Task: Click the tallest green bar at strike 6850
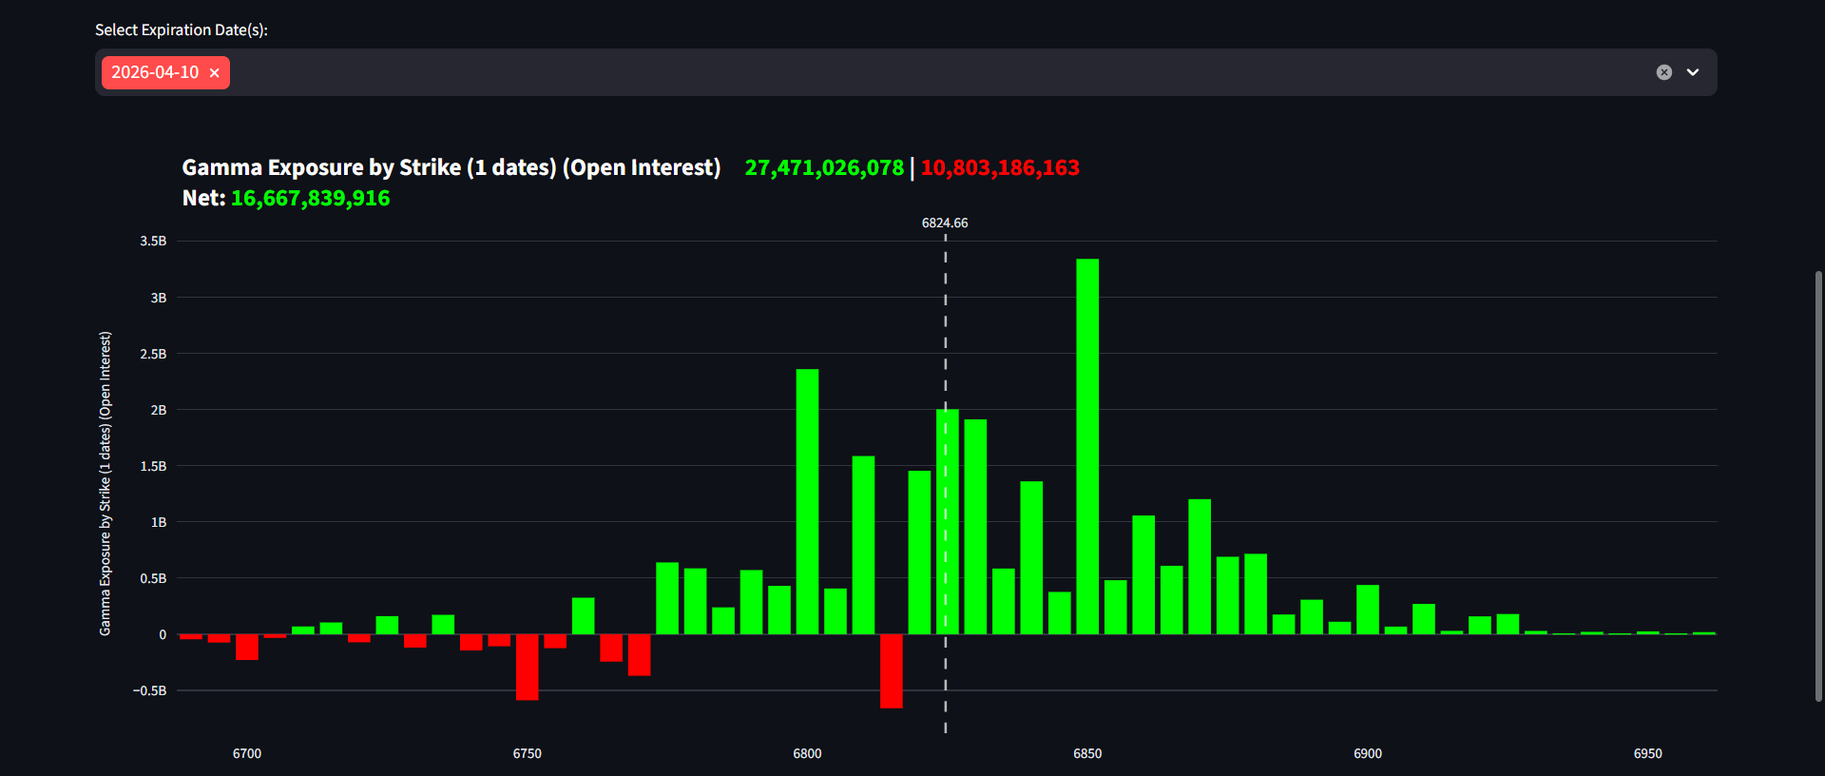[1087, 447]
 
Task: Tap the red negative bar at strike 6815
[892, 671]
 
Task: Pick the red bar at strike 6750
[527, 667]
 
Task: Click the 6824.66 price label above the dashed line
[945, 223]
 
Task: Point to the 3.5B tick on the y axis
[153, 242]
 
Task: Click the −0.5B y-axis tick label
[150, 690]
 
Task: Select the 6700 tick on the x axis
[247, 753]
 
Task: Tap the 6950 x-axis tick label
[1647, 753]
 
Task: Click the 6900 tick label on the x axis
[1368, 753]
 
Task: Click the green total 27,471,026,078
[824, 168]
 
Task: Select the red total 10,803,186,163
[1000, 168]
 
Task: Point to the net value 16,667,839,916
[310, 199]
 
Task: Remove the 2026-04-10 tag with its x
[215, 73]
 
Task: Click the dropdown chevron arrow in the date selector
[1693, 72]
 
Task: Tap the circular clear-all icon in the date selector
[1664, 72]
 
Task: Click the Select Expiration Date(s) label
[181, 30]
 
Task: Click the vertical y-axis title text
[106, 483]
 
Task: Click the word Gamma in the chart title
[221, 168]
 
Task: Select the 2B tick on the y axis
[158, 410]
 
